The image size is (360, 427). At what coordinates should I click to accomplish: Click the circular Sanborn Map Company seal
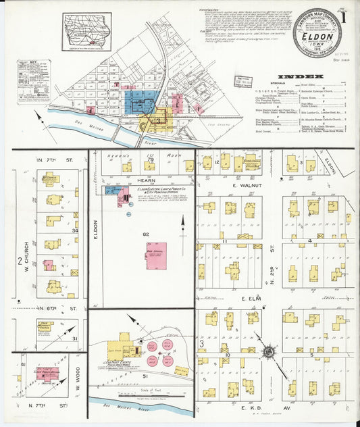[317, 33]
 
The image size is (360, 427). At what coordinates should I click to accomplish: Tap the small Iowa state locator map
[86, 32]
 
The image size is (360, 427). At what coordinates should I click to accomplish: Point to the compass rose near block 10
[268, 352]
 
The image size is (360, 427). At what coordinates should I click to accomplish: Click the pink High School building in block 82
[155, 256]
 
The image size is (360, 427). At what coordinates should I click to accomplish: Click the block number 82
[145, 233]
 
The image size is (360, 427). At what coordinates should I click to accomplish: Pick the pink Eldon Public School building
[47, 373]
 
